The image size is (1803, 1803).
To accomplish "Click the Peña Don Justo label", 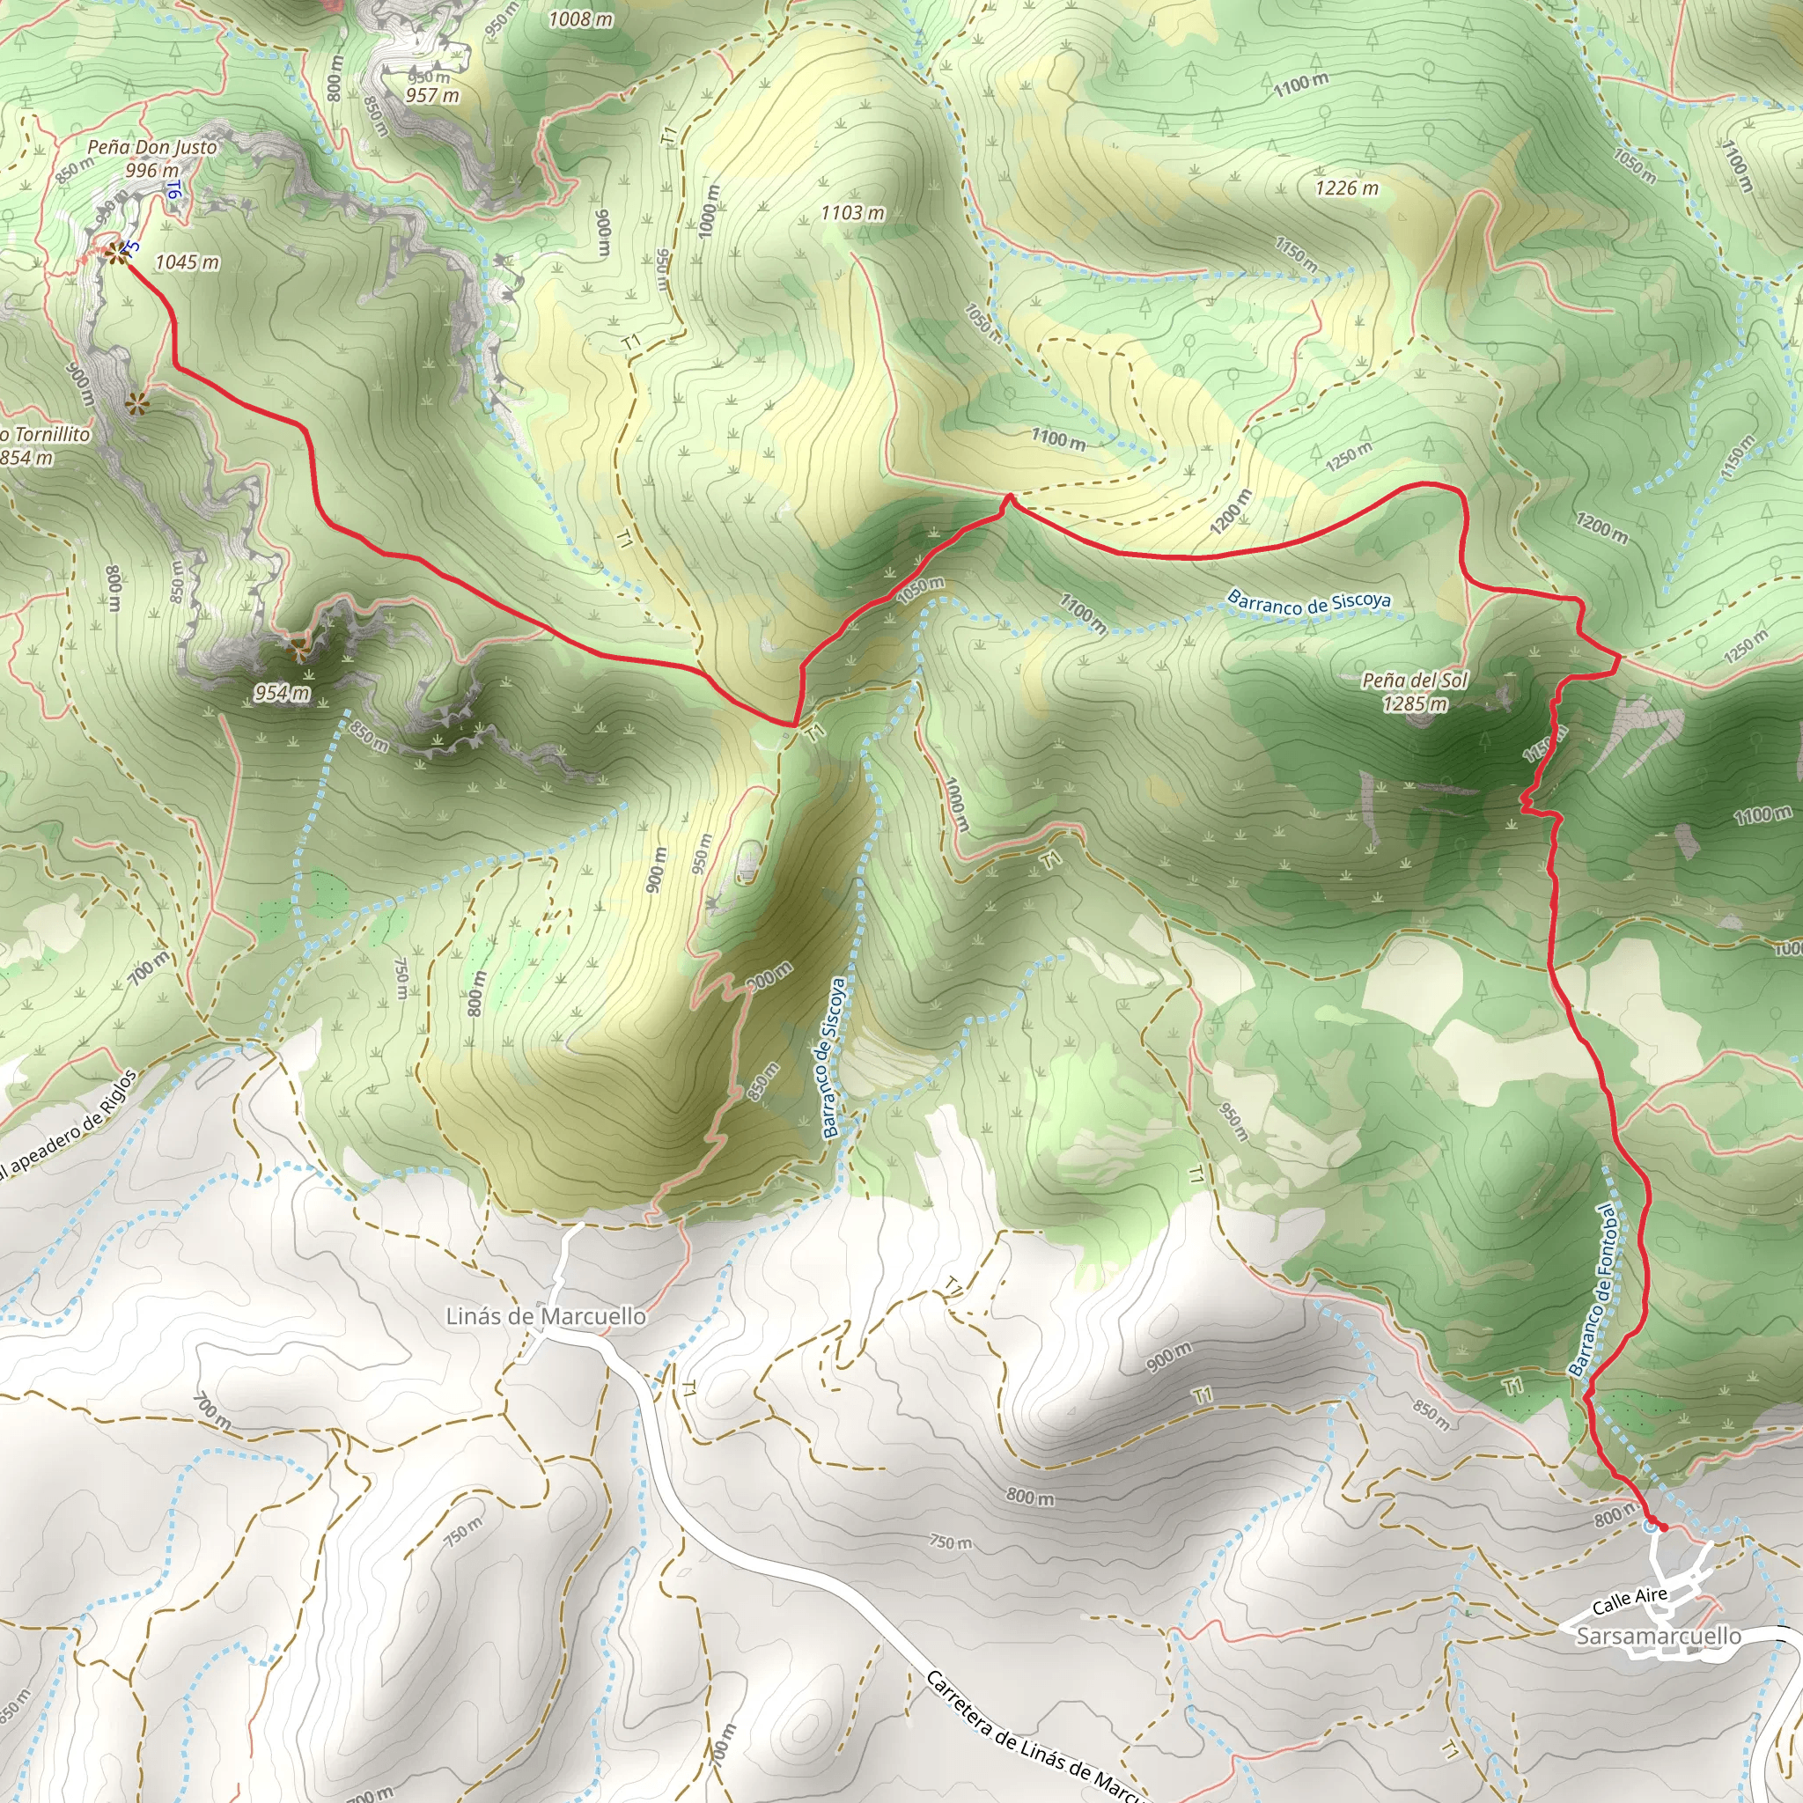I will point(152,147).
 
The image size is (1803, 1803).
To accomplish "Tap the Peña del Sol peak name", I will point(1415,681).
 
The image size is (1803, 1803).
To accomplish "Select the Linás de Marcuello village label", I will point(546,1316).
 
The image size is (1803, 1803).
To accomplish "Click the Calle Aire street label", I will point(1630,1601).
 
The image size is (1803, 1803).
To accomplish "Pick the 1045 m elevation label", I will point(187,262).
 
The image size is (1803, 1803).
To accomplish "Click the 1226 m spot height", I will point(1347,188).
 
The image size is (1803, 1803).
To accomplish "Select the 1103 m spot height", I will point(852,213).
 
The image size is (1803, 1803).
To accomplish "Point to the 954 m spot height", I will point(282,693).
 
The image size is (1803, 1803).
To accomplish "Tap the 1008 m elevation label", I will point(580,18).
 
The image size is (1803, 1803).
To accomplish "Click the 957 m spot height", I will point(432,95).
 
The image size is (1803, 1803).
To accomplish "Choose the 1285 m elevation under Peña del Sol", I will point(1415,703).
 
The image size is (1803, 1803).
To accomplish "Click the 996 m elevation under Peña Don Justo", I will point(152,171).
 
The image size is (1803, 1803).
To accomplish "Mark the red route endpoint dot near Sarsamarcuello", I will point(1662,1527).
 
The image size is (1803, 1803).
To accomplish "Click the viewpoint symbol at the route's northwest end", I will point(114,252).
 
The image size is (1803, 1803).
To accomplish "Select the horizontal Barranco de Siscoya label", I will point(1308,602).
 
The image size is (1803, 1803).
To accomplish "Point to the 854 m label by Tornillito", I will point(28,457).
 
